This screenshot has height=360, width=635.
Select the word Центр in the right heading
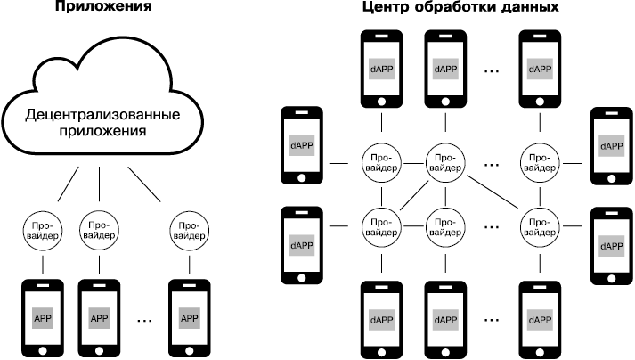click(x=387, y=7)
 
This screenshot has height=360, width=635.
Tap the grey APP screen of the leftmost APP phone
click(x=43, y=317)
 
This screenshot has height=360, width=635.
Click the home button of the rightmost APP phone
click(x=189, y=349)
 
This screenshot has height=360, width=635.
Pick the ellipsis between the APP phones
click(x=145, y=318)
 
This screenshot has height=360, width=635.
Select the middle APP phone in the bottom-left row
click(x=99, y=318)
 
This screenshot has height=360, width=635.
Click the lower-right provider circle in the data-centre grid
click(x=539, y=222)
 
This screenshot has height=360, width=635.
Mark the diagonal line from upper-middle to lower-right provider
click(x=492, y=192)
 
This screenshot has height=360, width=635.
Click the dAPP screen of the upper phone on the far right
click(x=612, y=145)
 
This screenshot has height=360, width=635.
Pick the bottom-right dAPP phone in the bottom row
click(x=539, y=319)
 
